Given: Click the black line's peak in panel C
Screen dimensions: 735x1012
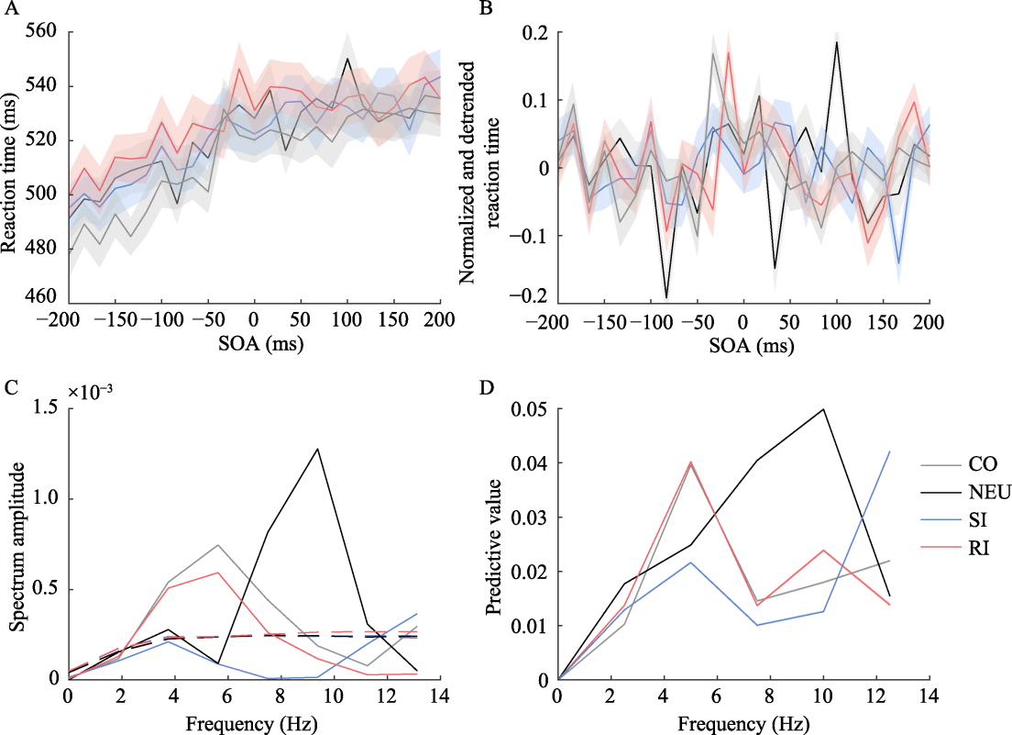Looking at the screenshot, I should [x=317, y=449].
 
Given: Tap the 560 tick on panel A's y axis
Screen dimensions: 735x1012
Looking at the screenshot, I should [x=42, y=32].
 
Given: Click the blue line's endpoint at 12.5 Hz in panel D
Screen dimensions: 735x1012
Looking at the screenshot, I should [x=889, y=451].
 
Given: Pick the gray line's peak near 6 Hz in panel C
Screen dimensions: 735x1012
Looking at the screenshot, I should [x=217, y=545].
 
